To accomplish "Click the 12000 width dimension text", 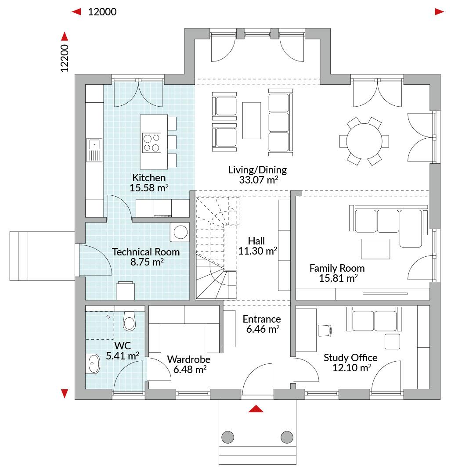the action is (102, 12).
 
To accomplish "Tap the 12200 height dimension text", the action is (65, 58).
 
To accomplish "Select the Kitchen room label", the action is (149, 177).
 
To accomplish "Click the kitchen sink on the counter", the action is (94, 150).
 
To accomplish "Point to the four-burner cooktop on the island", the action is (152, 143).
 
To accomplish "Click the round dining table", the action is (364, 141).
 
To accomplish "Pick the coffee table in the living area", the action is (251, 120).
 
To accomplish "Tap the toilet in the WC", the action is (130, 321).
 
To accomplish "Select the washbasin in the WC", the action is (94, 364).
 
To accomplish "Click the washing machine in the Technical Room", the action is (180, 232).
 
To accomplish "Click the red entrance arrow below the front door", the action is (256, 409).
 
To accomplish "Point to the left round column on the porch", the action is (228, 437).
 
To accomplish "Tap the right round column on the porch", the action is (287, 437).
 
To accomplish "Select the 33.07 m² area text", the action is (259, 180).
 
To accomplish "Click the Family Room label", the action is (337, 268).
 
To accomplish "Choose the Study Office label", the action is (350, 358).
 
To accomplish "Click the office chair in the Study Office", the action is (325, 330).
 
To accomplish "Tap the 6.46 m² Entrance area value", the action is (263, 329).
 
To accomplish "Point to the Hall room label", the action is (256, 241).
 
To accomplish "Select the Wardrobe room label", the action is (189, 359).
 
